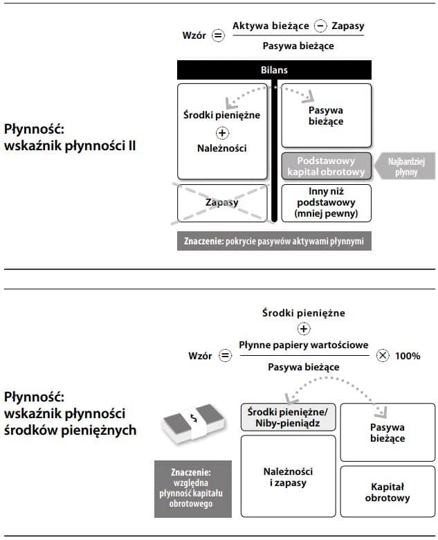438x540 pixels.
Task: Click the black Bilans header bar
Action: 274,70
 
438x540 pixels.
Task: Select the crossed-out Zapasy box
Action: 221,202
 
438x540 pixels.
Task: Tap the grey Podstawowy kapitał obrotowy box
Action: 325,166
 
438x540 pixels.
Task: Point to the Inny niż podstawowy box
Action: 325,202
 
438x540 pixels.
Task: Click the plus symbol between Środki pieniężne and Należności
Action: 222,132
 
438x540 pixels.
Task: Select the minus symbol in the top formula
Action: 320,26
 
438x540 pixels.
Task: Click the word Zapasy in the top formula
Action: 347,26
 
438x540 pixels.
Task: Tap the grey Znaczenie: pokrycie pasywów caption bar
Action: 273,241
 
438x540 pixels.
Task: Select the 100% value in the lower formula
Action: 408,356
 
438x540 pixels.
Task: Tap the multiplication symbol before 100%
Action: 383,356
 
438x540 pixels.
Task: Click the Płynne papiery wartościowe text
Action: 304,345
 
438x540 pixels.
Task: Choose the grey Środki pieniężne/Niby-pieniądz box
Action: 287,417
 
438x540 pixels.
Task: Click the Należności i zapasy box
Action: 287,477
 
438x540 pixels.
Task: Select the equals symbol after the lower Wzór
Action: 225,356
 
